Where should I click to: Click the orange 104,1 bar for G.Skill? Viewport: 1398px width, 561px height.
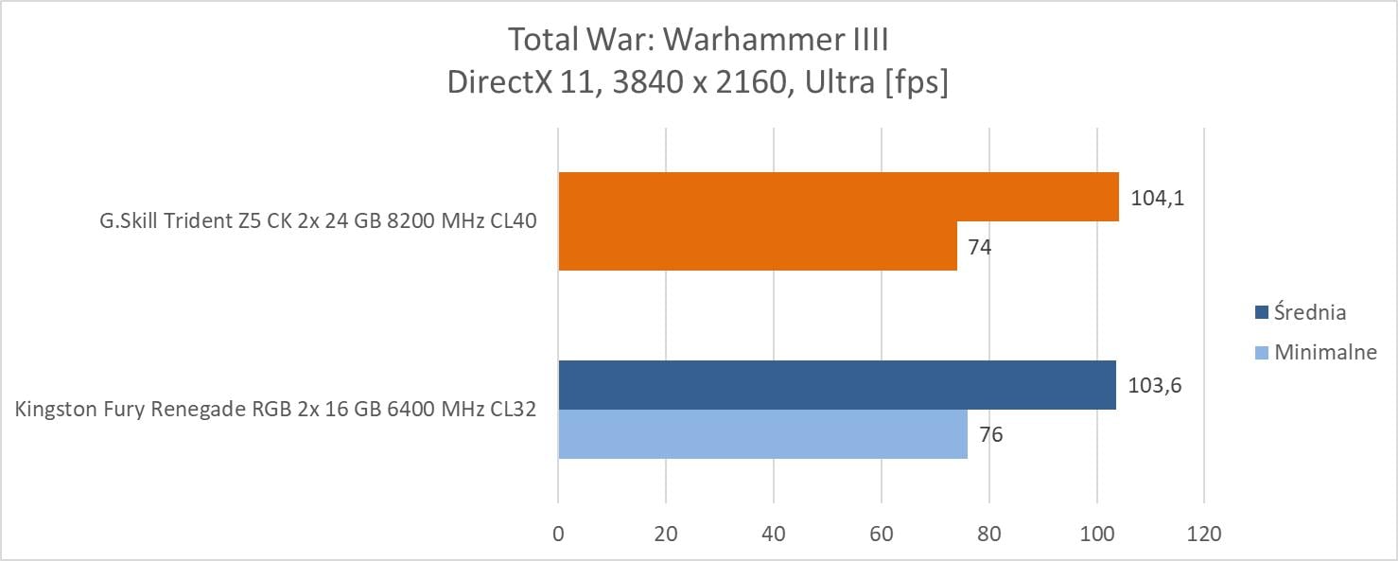tap(838, 197)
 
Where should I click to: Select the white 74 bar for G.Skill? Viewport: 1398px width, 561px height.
tap(757, 246)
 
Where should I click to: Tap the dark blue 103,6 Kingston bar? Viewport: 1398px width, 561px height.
tap(836, 385)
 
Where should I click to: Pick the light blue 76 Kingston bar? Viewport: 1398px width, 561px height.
tap(762, 434)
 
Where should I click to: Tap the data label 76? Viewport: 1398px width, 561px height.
tap(991, 435)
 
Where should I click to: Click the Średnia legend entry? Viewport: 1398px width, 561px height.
tap(1309, 312)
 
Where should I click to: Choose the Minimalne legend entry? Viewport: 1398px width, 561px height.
tap(1325, 353)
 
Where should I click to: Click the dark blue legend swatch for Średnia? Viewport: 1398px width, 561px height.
tap(1261, 313)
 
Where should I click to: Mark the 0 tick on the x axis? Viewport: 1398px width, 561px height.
tap(558, 535)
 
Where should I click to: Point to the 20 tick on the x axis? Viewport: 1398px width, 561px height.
tap(666, 535)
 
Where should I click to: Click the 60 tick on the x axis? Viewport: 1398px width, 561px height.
tap(881, 535)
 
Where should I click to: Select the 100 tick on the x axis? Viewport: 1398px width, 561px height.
tap(1096, 535)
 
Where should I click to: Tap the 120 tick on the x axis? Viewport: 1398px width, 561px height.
tap(1203, 535)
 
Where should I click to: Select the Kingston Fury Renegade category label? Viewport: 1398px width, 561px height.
tap(276, 410)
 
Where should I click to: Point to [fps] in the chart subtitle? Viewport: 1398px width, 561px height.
tap(916, 83)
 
